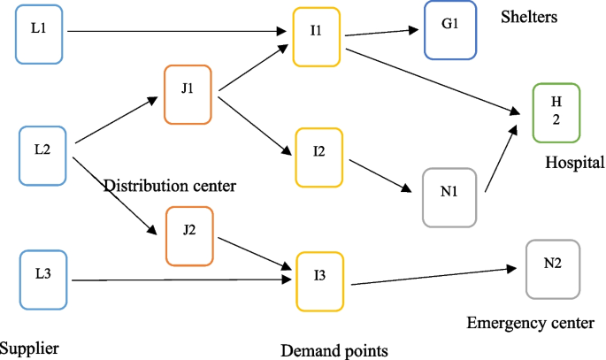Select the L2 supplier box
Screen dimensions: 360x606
(x=42, y=156)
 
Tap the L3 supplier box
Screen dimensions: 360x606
(x=42, y=280)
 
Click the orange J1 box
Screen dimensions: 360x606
(x=188, y=94)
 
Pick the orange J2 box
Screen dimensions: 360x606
(x=189, y=236)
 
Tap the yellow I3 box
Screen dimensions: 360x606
(x=319, y=281)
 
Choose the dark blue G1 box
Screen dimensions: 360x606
(x=449, y=30)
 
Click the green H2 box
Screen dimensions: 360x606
(x=556, y=112)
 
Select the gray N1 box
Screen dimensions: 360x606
(x=449, y=197)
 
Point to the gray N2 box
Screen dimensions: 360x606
(x=553, y=269)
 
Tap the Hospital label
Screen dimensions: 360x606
(x=574, y=163)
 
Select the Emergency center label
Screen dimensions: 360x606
(x=530, y=323)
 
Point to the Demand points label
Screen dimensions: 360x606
(x=334, y=350)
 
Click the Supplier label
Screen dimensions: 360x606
(x=29, y=348)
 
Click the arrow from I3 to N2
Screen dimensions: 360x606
(x=433, y=277)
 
